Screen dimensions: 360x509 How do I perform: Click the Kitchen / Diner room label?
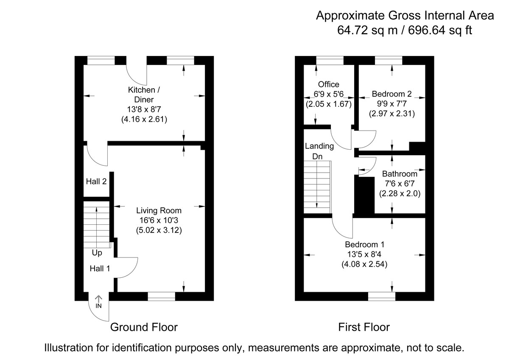(144, 95)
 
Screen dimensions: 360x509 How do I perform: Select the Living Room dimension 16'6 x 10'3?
(159, 220)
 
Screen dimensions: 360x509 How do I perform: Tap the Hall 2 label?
(96, 181)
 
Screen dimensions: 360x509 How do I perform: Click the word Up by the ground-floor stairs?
(97, 253)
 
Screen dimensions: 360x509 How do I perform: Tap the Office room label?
(328, 84)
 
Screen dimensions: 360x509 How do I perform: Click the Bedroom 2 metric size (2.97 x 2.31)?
(392, 114)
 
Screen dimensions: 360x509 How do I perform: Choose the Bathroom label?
(400, 174)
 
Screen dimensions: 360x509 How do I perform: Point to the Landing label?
(319, 146)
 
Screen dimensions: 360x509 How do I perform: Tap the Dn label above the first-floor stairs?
(318, 156)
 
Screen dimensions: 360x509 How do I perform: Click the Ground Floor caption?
(144, 327)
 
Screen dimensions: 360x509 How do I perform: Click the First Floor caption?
(364, 327)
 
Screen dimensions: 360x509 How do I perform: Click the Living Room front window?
(161, 296)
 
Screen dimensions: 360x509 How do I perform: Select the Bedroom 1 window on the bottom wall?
(381, 296)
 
